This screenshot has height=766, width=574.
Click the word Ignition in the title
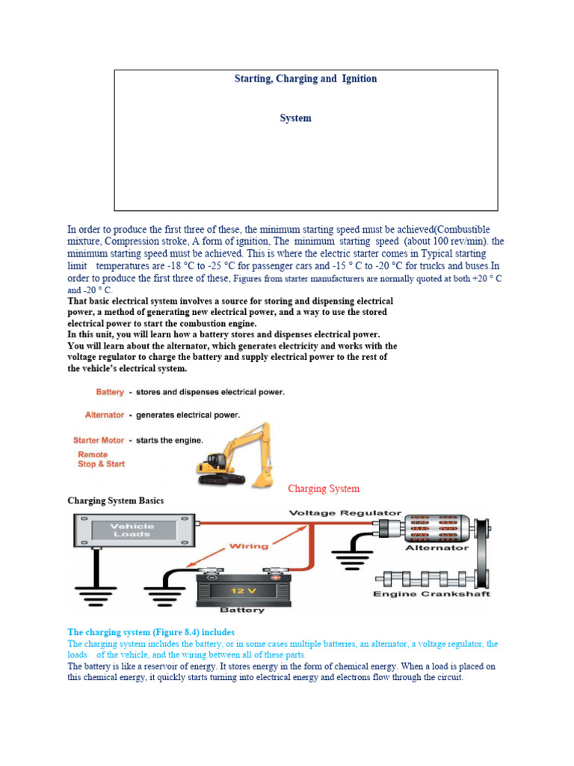[359, 79]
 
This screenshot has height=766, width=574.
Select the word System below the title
[295, 118]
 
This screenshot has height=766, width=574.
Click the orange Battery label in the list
[110, 392]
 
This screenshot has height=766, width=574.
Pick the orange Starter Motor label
[99, 441]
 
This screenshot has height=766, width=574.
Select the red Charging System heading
[324, 488]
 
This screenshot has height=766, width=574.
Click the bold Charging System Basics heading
[115, 500]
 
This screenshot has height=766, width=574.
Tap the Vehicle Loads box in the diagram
[133, 531]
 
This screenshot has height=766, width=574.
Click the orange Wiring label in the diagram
[248, 546]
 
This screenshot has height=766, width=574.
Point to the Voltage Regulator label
[345, 513]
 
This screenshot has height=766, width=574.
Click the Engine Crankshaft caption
[431, 595]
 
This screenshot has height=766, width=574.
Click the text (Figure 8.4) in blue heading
[185, 631]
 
